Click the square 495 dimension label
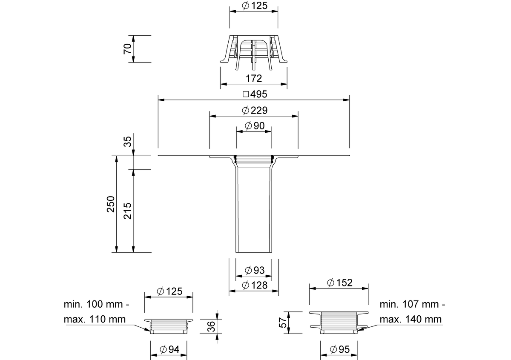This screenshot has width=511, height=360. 255,94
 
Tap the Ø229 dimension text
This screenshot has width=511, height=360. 255,110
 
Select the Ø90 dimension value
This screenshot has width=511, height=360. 255,126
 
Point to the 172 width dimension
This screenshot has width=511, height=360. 254,78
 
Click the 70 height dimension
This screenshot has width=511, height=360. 127,49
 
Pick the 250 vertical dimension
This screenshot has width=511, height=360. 111,204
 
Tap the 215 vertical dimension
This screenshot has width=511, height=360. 127,211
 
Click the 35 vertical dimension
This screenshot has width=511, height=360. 127,142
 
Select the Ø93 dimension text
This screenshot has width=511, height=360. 255,270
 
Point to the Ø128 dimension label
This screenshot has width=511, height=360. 255,285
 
